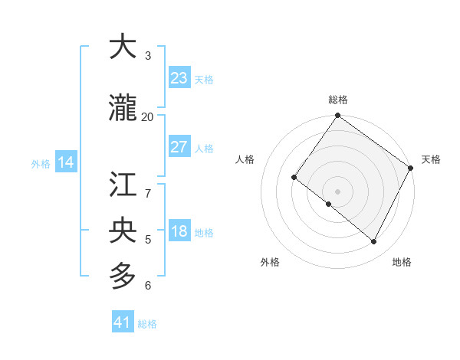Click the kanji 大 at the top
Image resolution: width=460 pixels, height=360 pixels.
click(x=123, y=47)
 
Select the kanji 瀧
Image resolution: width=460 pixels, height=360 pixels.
click(x=123, y=109)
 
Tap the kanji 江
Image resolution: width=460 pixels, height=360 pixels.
click(x=123, y=185)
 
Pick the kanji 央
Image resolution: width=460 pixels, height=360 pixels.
click(x=123, y=231)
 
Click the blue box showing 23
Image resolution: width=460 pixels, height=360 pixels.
click(x=179, y=78)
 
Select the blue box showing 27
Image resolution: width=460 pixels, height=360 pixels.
click(x=179, y=147)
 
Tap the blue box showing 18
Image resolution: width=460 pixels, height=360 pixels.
click(x=179, y=232)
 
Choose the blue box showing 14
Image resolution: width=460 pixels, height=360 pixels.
click(x=66, y=162)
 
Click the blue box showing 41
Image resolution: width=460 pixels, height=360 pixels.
click(x=123, y=322)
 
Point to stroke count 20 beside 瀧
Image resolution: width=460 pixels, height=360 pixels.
click(x=147, y=116)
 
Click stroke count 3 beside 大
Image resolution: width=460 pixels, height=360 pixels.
click(x=148, y=56)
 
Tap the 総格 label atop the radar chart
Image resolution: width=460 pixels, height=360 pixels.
click(x=337, y=100)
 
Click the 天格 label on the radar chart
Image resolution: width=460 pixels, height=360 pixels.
click(x=431, y=159)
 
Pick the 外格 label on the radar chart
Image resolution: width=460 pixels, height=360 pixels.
click(x=270, y=262)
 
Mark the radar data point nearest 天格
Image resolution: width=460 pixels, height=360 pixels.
click(x=410, y=168)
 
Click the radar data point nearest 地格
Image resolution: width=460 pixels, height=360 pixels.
click(x=374, y=242)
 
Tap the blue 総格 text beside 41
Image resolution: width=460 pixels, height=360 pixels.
click(x=147, y=324)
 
